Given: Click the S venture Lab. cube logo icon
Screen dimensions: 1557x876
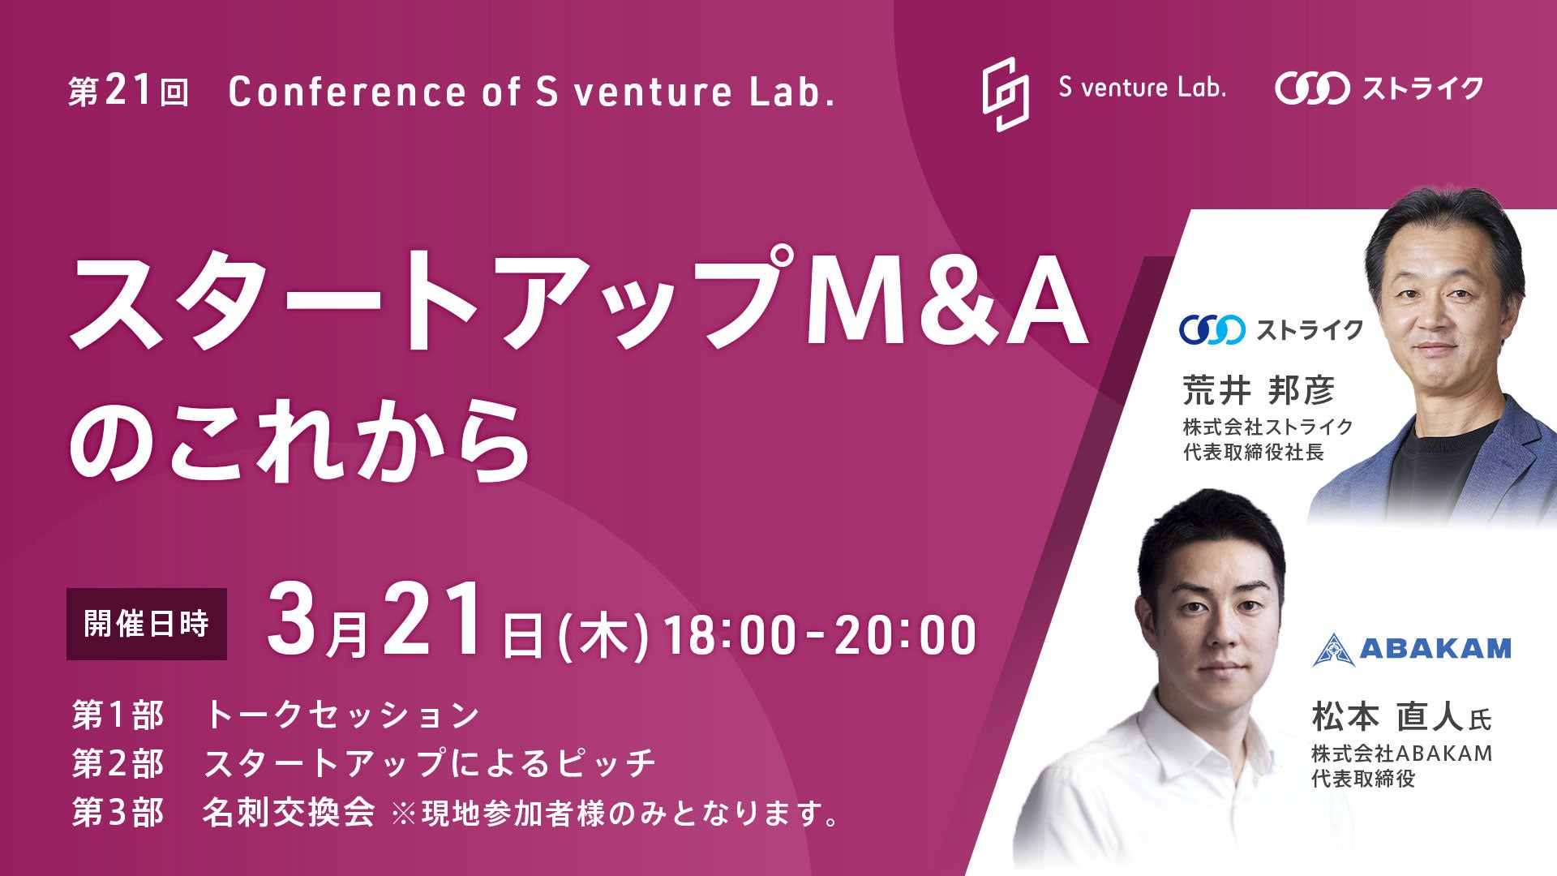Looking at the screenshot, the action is [1006, 94].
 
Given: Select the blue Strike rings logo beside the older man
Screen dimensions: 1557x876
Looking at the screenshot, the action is [1212, 329].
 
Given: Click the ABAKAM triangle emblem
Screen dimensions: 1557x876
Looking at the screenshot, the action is [1334, 650].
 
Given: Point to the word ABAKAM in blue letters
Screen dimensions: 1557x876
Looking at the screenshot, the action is [1435, 649].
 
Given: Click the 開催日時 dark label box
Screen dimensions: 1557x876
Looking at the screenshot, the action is [147, 624].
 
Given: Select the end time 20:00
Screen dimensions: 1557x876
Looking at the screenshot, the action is [905, 635].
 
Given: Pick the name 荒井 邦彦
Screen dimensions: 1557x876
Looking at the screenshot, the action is [1259, 391].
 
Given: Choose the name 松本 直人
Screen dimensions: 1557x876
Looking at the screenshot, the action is [1388, 717].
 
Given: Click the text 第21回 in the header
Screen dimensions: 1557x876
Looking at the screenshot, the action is [129, 92].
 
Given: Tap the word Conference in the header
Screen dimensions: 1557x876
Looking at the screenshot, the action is [347, 92].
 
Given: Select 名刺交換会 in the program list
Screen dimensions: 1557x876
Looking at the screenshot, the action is [289, 812].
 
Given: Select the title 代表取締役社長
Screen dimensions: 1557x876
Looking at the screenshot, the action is [1254, 452].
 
